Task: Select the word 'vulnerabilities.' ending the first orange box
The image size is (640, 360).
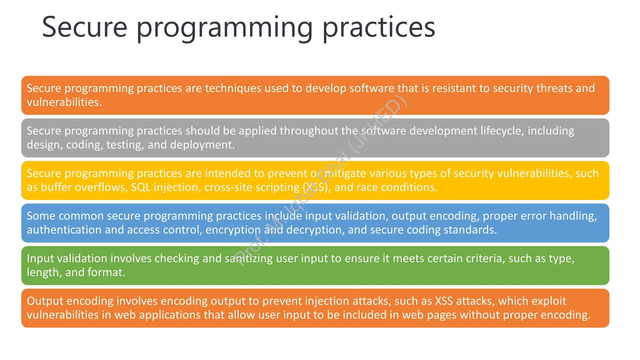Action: tap(64, 102)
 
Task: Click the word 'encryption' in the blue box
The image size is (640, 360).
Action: tap(233, 230)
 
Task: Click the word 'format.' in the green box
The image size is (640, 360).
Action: tap(106, 272)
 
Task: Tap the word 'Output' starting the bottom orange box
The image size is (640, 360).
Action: tap(45, 301)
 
